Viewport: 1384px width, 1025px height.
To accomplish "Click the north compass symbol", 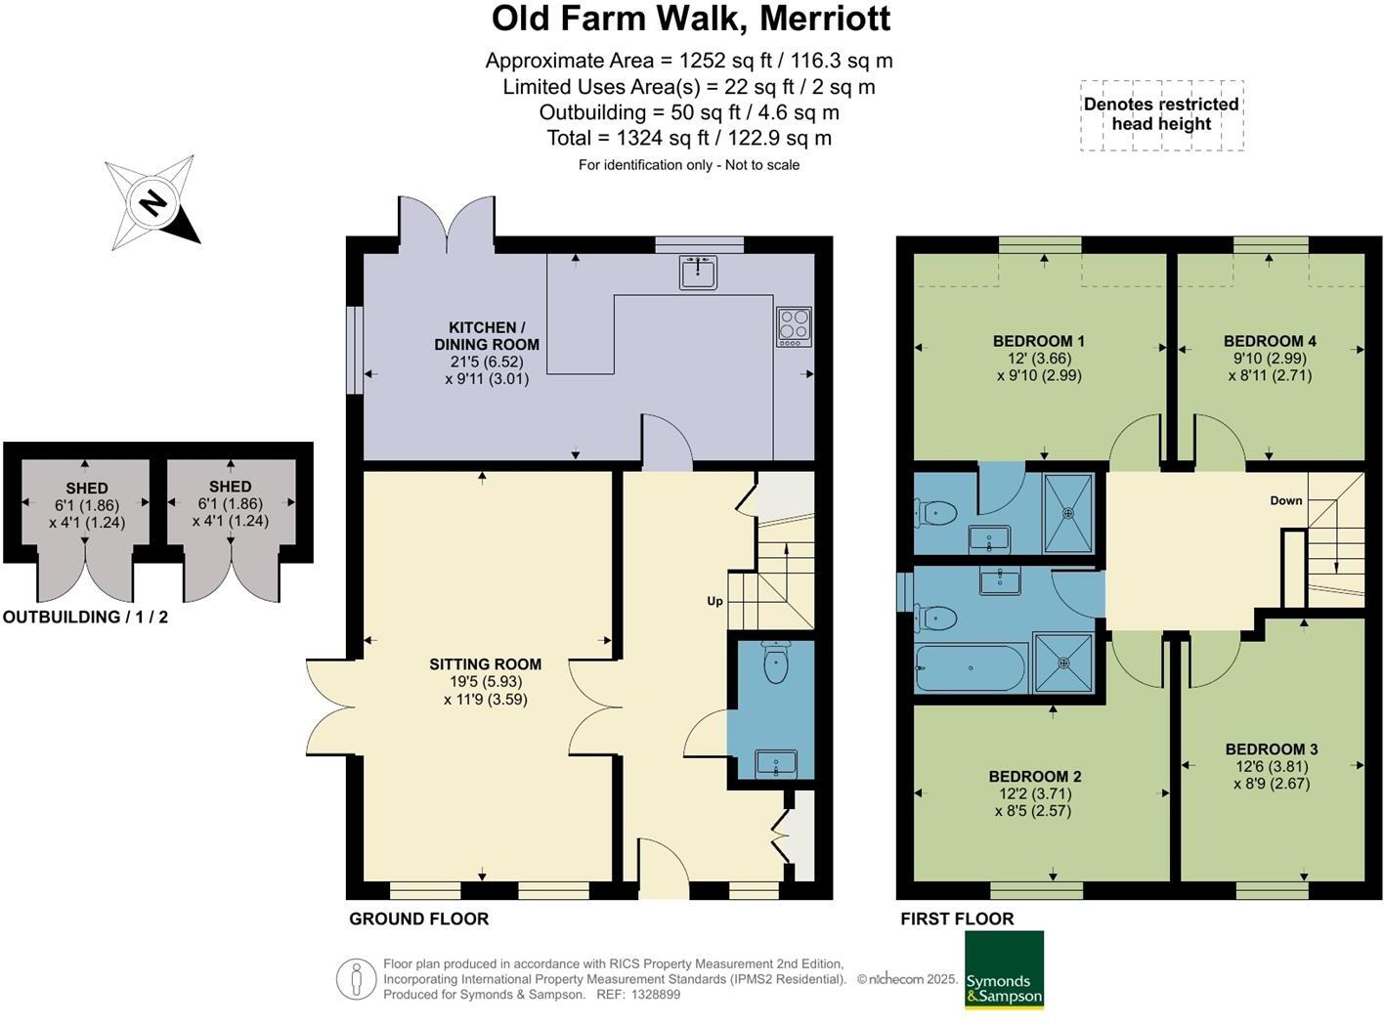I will click(151, 203).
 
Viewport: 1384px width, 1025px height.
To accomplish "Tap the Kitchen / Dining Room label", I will click(487, 335).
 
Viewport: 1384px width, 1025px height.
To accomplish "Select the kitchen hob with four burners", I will click(794, 326).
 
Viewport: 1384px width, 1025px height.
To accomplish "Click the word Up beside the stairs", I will click(714, 601).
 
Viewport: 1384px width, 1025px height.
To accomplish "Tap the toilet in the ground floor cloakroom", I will click(776, 664).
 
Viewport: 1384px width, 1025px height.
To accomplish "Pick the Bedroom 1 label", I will click(1038, 341).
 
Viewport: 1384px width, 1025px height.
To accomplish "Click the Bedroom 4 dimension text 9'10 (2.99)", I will click(1270, 358).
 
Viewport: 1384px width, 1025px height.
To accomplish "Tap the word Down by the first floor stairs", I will click(1285, 500).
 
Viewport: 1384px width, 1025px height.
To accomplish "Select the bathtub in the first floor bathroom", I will click(970, 668).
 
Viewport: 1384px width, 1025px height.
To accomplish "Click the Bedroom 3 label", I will click(1271, 749).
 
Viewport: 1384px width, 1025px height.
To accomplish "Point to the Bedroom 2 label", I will click(1034, 777).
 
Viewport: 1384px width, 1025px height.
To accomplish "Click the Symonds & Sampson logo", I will click(1004, 969).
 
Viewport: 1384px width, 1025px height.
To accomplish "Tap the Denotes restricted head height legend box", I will click(1161, 115).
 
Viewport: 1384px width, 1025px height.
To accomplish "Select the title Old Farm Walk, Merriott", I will click(690, 19).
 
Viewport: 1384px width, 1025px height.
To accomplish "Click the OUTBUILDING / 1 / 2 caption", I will click(86, 618).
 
